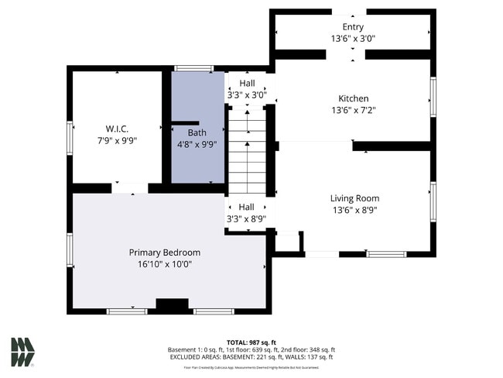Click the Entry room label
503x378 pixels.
(x=353, y=27)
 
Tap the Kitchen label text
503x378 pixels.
(x=353, y=98)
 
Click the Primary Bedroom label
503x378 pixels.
(x=165, y=253)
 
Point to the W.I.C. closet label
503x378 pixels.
(x=117, y=129)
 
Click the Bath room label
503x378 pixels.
(x=197, y=132)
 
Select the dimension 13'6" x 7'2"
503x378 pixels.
(x=353, y=110)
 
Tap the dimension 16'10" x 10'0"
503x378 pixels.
(x=165, y=264)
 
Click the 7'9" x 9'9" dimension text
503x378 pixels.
(x=117, y=140)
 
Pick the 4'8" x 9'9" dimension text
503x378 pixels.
(x=197, y=143)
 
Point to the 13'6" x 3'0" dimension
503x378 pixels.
(x=353, y=38)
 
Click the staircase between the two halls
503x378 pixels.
(x=247, y=151)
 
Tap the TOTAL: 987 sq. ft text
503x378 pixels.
(x=251, y=342)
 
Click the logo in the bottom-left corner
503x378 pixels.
(x=22, y=352)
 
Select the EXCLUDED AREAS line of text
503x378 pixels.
(x=251, y=357)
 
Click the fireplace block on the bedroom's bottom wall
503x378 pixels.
(x=172, y=305)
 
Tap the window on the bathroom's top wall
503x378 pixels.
(x=193, y=69)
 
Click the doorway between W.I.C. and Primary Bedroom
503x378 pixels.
(x=129, y=187)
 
